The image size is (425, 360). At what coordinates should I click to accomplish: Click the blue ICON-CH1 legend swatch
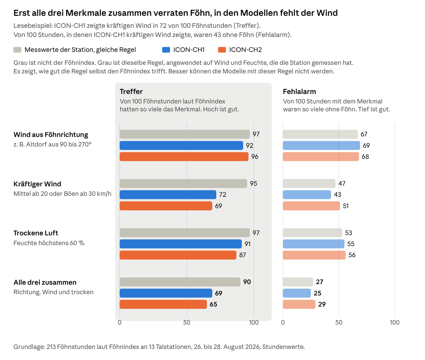coord(166,50)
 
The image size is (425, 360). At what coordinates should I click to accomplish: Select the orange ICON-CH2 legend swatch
coord(222,50)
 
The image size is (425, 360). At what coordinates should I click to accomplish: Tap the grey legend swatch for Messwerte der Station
coord(17,50)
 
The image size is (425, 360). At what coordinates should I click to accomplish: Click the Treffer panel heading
coord(131,91)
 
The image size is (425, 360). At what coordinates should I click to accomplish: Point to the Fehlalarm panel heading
coord(299,91)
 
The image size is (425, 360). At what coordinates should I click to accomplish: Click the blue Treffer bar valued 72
coord(168,195)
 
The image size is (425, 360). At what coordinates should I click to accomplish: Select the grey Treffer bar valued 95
coord(183,183)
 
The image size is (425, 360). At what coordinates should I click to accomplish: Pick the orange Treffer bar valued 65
coord(163,304)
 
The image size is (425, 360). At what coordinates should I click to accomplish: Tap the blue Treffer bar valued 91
coord(181,244)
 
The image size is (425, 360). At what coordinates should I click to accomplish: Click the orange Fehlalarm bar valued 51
coord(311,206)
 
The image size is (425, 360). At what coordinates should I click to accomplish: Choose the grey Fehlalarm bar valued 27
coord(298,282)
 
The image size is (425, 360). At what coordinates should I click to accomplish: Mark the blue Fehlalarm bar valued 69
coord(322,146)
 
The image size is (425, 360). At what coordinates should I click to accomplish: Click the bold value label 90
coord(247,282)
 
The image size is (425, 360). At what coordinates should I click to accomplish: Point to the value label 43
coord(337,195)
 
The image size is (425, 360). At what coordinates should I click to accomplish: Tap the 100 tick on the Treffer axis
coord(254,322)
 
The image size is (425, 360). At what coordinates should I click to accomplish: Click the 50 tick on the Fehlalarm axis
coord(339,322)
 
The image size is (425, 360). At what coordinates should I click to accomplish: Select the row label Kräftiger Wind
coord(37,184)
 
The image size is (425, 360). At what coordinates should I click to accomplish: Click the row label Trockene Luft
coord(36,233)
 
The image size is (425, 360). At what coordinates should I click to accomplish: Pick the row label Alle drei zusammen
coord(45,282)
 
